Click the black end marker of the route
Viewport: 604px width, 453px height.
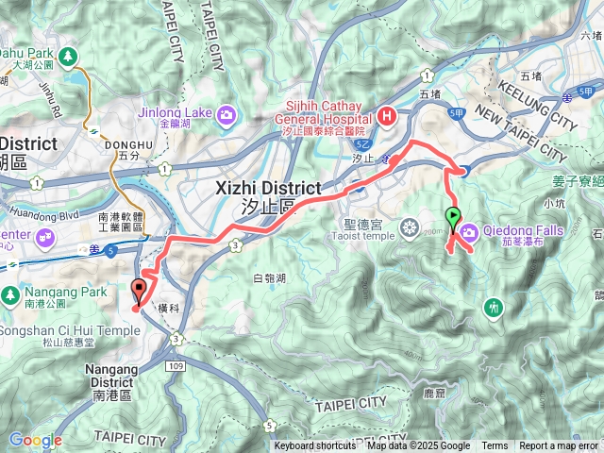[140, 288]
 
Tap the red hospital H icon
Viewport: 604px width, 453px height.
[385, 116]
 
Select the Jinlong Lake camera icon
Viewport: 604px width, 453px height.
[226, 115]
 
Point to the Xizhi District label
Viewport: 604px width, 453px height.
[270, 188]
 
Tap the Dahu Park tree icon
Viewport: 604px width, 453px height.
[68, 56]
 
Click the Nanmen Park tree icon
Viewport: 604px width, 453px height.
[9, 294]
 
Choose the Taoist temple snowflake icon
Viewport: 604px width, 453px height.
[409, 227]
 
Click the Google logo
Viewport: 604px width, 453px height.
[35, 440]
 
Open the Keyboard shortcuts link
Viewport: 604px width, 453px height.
[315, 446]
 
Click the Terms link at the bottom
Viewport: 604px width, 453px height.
[495, 446]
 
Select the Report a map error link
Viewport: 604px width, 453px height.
[559, 446]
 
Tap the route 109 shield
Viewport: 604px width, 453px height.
[172, 364]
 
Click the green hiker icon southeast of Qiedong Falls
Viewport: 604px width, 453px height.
[493, 307]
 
